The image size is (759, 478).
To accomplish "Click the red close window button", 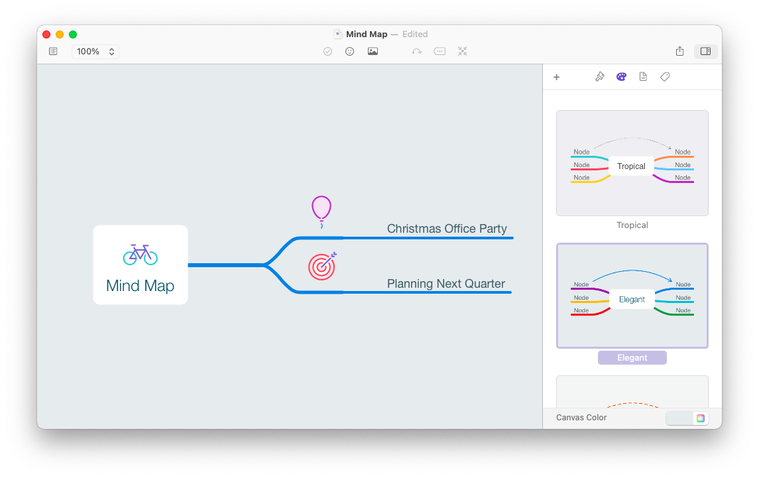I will tap(46, 34).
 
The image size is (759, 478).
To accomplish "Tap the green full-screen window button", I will tap(73, 34).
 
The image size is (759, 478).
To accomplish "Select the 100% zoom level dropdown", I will tap(95, 51).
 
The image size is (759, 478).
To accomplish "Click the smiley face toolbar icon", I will tap(350, 51).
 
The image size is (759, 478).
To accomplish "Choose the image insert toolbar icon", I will tap(373, 51).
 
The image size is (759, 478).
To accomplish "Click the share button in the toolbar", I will tap(679, 51).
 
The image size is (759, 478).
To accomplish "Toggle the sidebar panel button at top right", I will tap(705, 51).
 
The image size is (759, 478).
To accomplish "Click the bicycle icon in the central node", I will tap(141, 255).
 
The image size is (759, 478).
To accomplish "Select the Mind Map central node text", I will tap(141, 286).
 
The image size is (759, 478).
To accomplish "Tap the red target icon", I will tap(322, 266).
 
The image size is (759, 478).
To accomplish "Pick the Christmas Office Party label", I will tap(447, 229).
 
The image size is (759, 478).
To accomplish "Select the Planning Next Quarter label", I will tap(446, 284).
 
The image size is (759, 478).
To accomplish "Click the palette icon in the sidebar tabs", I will tap(621, 77).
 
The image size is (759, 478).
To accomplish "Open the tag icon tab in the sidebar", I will tap(665, 77).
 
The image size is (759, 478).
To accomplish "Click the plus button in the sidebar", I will tap(556, 77).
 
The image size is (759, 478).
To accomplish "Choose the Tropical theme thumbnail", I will tap(632, 163).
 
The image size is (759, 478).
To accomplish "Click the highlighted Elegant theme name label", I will tap(632, 358).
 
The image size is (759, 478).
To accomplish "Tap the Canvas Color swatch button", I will tap(687, 418).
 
